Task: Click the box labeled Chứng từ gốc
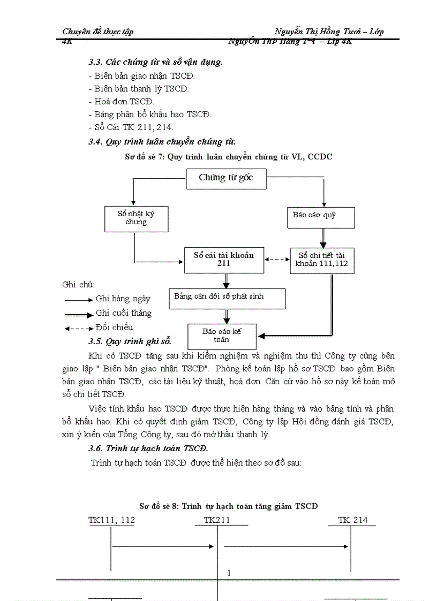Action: (226, 179)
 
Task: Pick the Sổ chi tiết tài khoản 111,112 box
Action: (322, 260)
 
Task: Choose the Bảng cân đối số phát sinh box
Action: (227, 298)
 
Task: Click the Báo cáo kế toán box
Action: (222, 336)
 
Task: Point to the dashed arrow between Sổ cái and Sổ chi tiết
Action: (276, 259)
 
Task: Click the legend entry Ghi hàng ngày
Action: (123, 299)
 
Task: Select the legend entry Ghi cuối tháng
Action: (123, 314)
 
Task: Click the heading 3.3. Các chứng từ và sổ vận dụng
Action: (155, 62)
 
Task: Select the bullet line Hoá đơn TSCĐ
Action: (120, 101)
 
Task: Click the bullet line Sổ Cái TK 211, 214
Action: (131, 127)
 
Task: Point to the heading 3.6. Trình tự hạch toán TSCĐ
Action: (148, 448)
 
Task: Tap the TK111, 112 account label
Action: (111, 520)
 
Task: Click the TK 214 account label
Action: (353, 520)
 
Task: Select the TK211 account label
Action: (217, 520)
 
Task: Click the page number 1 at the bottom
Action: (229, 574)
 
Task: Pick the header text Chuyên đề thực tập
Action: (98, 32)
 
